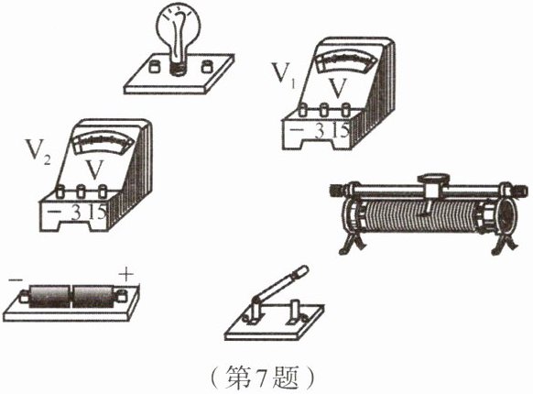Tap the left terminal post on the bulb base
tap(155, 66)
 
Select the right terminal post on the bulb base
tap(207, 66)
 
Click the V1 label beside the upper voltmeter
tap(283, 73)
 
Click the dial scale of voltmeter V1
tap(345, 62)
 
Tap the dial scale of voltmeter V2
tap(103, 142)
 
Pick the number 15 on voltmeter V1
tap(341, 130)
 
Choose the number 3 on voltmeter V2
tap(76, 213)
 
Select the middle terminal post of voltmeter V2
tap(81, 192)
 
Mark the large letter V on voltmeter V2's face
tap(94, 170)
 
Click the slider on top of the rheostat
tap(432, 186)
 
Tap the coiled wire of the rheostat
tap(419, 217)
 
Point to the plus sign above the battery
tap(126, 274)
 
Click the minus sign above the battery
tap(16, 279)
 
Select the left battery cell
tap(49, 296)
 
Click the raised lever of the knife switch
tap(279, 284)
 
